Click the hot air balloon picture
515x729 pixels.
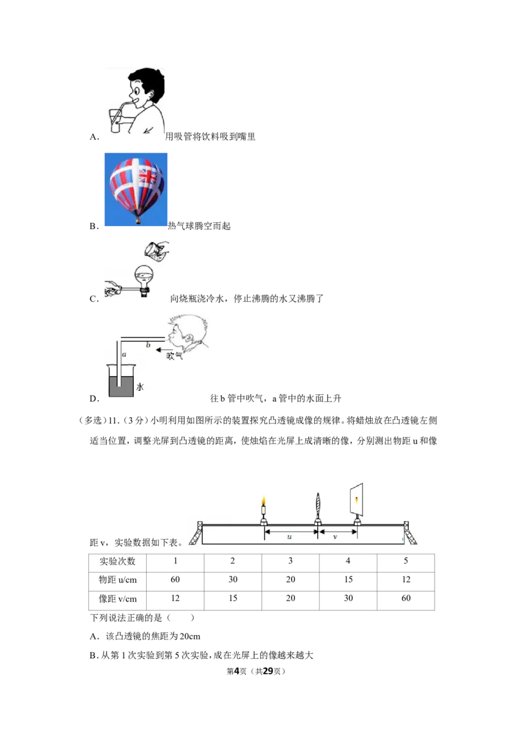(x=136, y=190)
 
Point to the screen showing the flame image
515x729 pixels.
(x=356, y=500)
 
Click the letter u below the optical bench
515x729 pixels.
(x=290, y=537)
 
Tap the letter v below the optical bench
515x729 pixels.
(x=335, y=537)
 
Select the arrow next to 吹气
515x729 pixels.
(x=162, y=350)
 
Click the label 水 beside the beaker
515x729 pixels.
(x=140, y=387)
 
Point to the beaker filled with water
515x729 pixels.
(x=121, y=381)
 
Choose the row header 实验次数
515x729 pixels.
(x=118, y=561)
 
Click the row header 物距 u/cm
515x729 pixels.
(x=118, y=580)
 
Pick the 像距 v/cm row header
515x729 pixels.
(x=118, y=599)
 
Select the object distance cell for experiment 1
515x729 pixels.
(x=175, y=580)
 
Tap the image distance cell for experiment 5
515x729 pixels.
(x=406, y=598)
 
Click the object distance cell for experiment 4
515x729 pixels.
(x=348, y=580)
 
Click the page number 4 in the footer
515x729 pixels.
(x=237, y=671)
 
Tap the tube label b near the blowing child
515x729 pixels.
(x=148, y=345)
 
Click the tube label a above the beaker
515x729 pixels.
(x=124, y=355)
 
